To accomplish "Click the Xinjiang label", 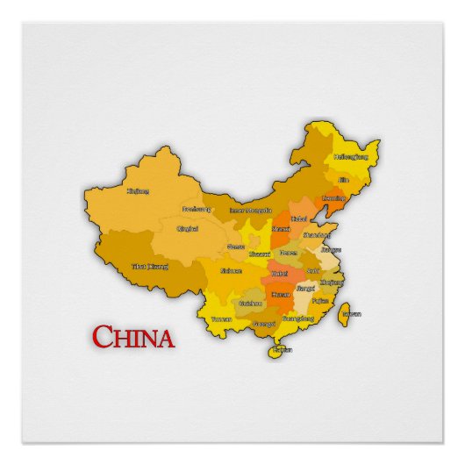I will [138, 190].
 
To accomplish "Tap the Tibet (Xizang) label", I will [149, 266].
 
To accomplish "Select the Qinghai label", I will [188, 229].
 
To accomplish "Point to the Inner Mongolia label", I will [250, 211].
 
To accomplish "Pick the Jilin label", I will [343, 180].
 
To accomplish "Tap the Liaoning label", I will [334, 198].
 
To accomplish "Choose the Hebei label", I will [299, 218].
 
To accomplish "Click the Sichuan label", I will [231, 271].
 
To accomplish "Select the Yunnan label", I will [221, 318].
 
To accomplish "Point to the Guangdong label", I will [294, 319].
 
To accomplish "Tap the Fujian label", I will [320, 300].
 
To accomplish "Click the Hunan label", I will [282, 296].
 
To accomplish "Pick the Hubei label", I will [279, 274].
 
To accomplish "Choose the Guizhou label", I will [251, 303].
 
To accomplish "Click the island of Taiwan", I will [348, 314].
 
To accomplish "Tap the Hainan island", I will [280, 350].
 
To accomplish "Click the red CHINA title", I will [133, 337].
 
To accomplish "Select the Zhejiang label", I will [332, 283].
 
